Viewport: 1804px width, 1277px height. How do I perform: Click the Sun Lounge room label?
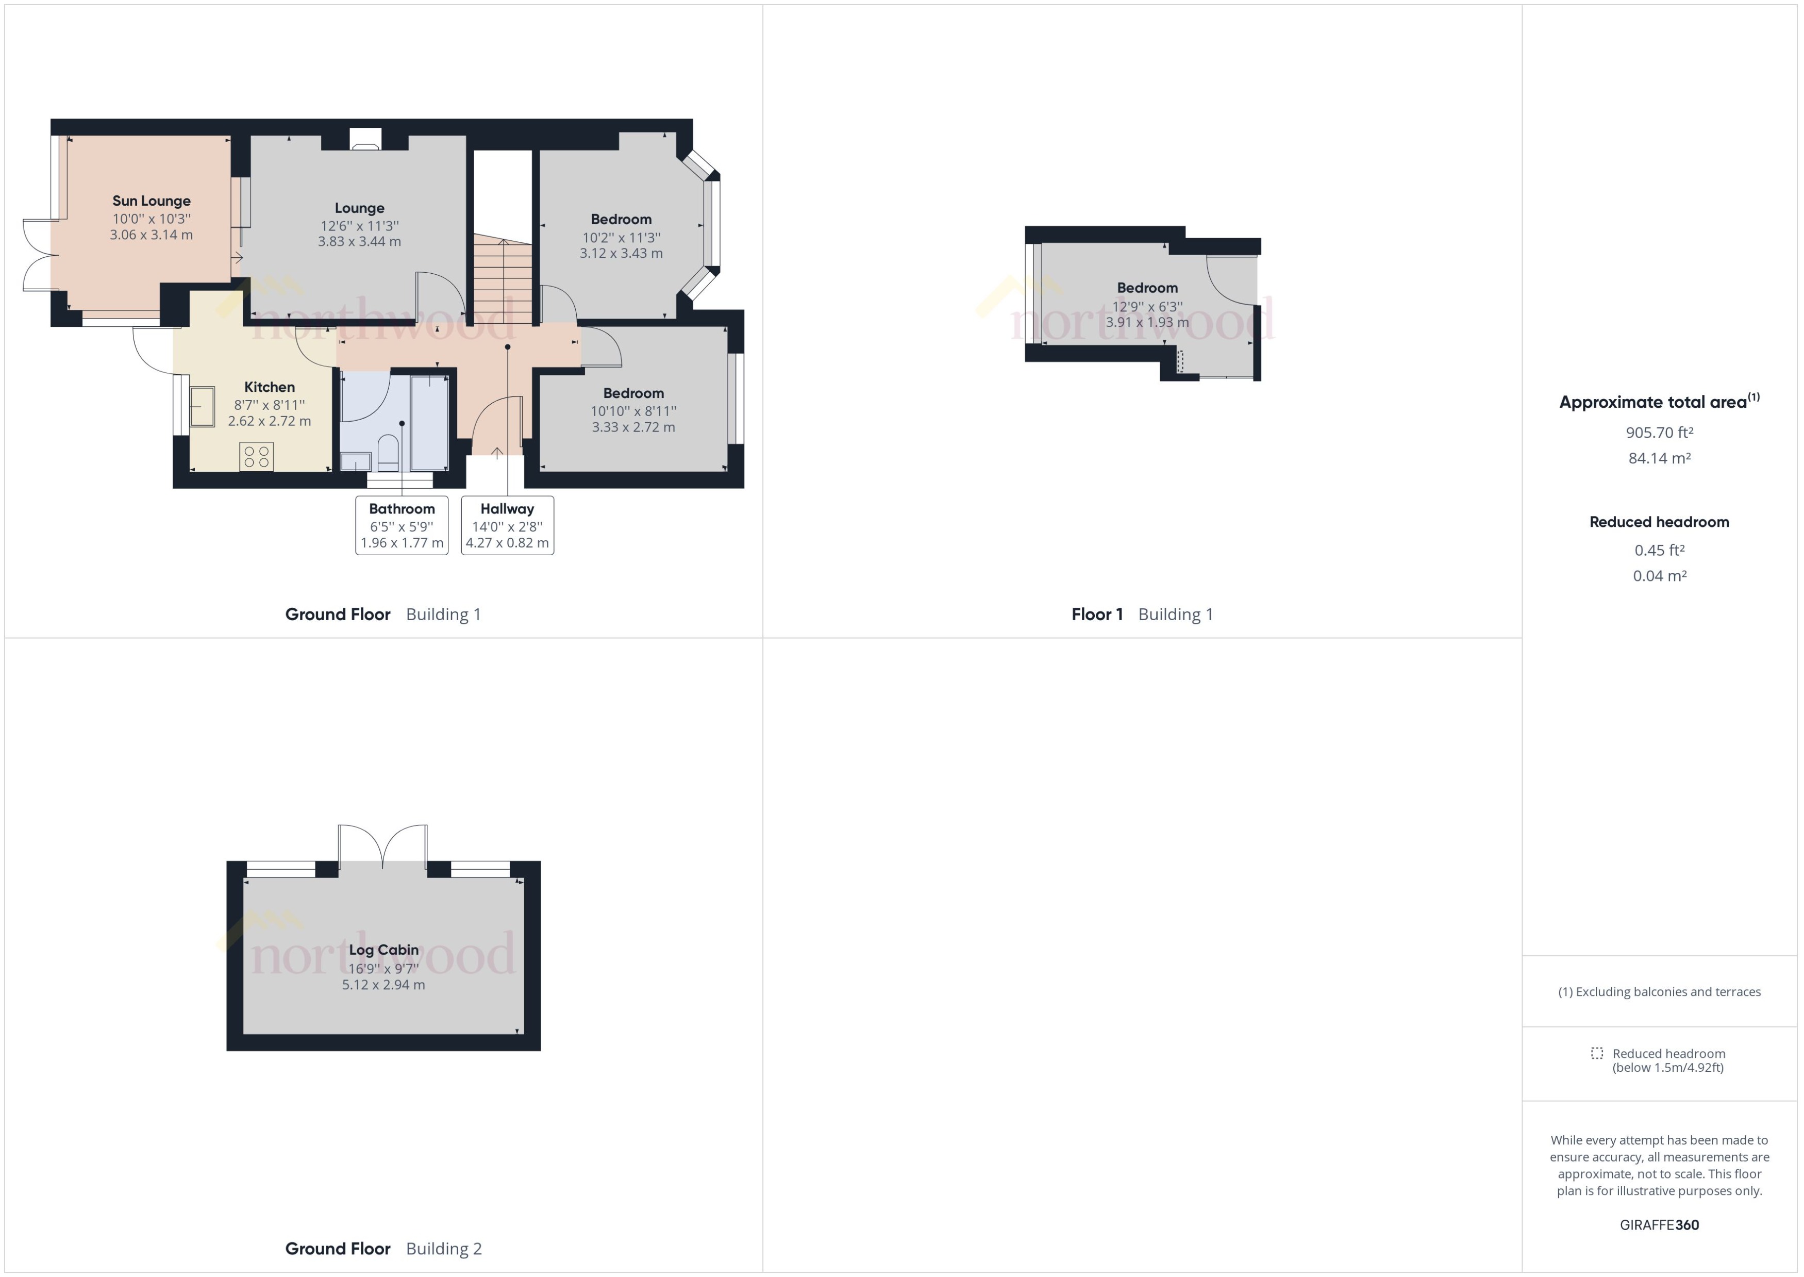pyautogui.click(x=151, y=201)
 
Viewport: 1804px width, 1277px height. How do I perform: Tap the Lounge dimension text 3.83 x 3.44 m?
pyautogui.click(x=359, y=241)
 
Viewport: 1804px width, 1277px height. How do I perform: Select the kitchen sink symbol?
pyautogui.click(x=202, y=407)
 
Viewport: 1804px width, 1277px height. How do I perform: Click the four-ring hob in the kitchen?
pyautogui.click(x=256, y=457)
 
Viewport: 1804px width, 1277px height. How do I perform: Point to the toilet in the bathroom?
pyautogui.click(x=388, y=454)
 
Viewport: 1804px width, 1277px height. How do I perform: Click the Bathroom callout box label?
pyautogui.click(x=402, y=509)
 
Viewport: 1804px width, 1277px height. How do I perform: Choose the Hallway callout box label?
pyautogui.click(x=507, y=509)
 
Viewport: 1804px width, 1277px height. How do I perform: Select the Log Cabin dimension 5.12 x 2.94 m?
pyautogui.click(x=383, y=985)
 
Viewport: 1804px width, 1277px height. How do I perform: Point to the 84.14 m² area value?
pyautogui.click(x=1659, y=458)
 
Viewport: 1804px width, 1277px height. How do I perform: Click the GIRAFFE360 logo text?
pyautogui.click(x=1659, y=1224)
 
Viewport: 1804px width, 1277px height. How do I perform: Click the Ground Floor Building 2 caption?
pyautogui.click(x=383, y=1248)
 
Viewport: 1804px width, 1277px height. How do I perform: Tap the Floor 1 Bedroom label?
pyautogui.click(x=1147, y=288)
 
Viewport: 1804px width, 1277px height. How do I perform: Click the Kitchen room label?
pyautogui.click(x=270, y=387)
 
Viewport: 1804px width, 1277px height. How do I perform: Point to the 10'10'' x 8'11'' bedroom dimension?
pyautogui.click(x=633, y=410)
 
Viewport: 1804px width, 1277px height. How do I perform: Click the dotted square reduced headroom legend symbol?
pyautogui.click(x=1596, y=1053)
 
